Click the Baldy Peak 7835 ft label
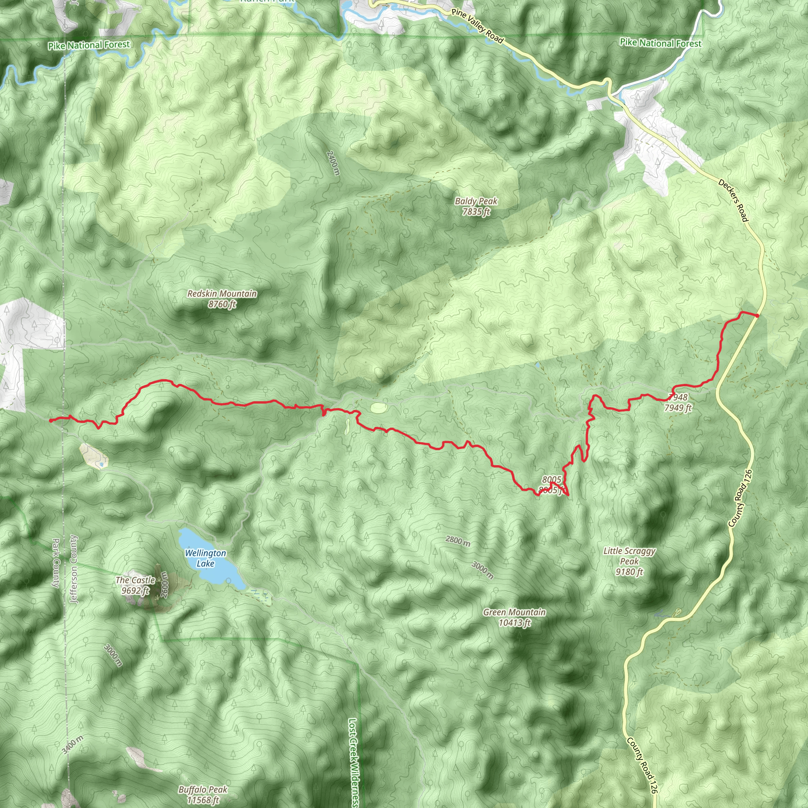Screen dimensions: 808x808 (x=476, y=207)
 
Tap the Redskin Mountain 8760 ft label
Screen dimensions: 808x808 (x=222, y=299)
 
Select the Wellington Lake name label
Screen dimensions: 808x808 (x=205, y=558)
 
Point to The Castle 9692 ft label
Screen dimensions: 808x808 (x=135, y=585)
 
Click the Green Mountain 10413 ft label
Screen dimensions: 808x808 (x=514, y=617)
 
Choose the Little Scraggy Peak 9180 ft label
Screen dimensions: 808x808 (x=629, y=561)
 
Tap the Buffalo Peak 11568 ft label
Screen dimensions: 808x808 (x=203, y=795)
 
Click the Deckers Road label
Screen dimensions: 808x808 (x=733, y=200)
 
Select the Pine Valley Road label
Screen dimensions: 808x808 (x=477, y=26)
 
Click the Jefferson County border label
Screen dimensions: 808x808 (x=74, y=569)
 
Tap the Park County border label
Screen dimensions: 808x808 (x=56, y=563)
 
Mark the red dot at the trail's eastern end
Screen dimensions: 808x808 (x=757, y=315)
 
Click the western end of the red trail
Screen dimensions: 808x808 (x=50, y=420)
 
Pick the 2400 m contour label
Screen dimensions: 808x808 (x=333, y=163)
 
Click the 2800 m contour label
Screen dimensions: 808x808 (x=458, y=541)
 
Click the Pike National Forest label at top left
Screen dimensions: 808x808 (x=89, y=45)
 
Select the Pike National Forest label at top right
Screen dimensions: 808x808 (x=660, y=43)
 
